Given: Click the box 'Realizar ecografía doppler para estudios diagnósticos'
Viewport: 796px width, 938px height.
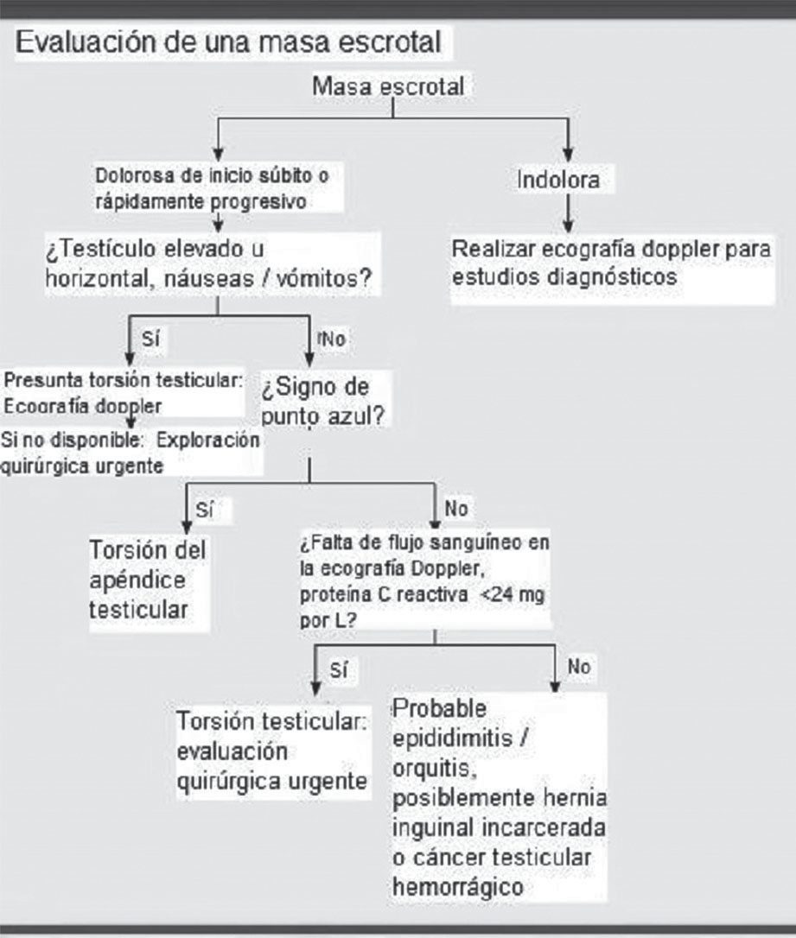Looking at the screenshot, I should pos(610,263).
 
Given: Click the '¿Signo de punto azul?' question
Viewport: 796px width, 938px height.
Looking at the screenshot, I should pos(324,398).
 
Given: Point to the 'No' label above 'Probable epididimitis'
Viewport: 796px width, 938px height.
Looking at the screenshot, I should pos(579,667).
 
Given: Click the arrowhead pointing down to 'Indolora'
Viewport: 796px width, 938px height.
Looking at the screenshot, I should pos(568,148).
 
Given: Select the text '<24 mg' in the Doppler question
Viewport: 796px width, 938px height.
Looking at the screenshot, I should pos(515,595).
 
